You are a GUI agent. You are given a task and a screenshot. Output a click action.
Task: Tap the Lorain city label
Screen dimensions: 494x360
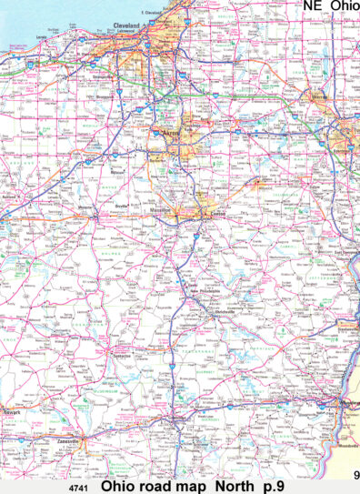[41, 37]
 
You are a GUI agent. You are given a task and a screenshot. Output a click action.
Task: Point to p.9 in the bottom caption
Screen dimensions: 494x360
[273, 486]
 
